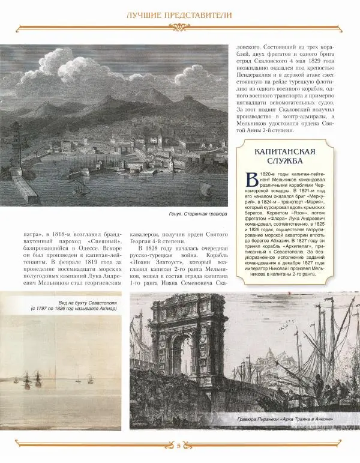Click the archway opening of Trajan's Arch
179,360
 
